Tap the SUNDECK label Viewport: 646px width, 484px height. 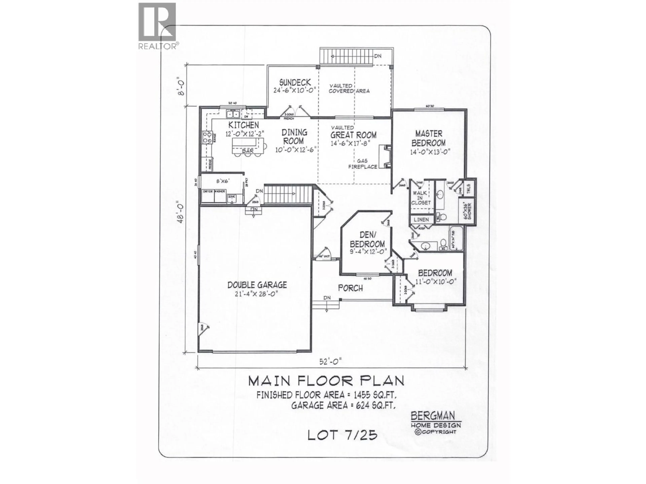coord(295,83)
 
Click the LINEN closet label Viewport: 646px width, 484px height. coord(421,219)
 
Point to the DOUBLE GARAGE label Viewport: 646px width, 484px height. coord(257,285)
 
